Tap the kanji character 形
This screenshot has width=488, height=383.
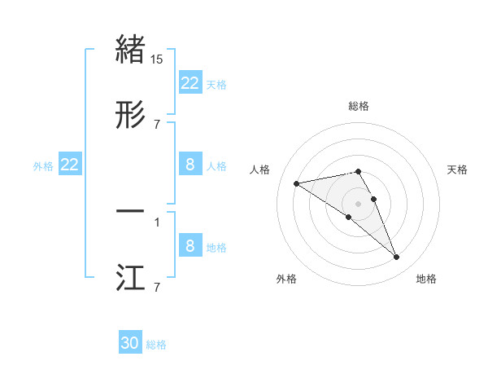click(131, 114)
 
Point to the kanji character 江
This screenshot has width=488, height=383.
click(131, 278)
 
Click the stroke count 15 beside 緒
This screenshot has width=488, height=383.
click(157, 59)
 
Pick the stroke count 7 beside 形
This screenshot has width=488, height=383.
click(157, 125)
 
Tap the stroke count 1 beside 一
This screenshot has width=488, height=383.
click(157, 222)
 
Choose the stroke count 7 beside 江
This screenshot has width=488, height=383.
click(157, 288)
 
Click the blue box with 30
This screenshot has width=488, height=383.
click(130, 343)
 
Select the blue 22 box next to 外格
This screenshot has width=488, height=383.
click(70, 165)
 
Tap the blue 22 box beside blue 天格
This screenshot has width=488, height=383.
click(190, 83)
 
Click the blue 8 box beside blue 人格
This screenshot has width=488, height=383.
click(190, 165)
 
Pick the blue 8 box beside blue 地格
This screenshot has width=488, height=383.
click(190, 246)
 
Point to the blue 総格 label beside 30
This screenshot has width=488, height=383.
click(156, 345)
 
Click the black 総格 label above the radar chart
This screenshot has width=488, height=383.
click(359, 106)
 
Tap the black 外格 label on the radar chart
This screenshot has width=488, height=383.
click(286, 279)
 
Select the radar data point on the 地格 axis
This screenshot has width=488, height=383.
click(397, 258)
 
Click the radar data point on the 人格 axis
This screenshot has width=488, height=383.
click(297, 183)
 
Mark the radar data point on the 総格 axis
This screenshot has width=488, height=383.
click(359, 171)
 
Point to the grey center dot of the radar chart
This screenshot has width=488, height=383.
click(359, 203)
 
